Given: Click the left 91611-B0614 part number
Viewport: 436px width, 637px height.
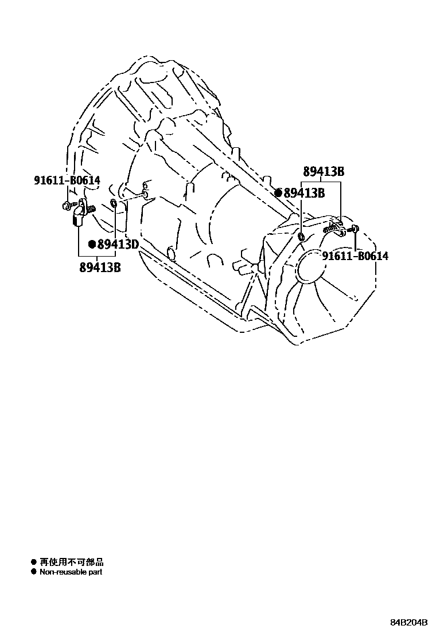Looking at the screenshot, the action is pyautogui.click(x=67, y=180).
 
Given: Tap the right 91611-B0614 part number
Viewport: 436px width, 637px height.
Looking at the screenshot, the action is pyautogui.click(x=355, y=255).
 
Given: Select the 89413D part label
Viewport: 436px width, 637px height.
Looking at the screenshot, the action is pyautogui.click(x=118, y=245).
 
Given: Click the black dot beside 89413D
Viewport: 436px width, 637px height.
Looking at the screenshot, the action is pyautogui.click(x=91, y=245).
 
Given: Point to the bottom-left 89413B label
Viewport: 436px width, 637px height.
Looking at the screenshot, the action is pyautogui.click(x=100, y=266).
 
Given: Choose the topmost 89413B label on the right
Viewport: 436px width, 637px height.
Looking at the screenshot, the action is pyautogui.click(x=324, y=171).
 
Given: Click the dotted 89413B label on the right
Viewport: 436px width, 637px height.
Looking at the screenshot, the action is pyautogui.click(x=305, y=194).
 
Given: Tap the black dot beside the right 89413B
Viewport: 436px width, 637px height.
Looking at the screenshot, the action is pyautogui.click(x=278, y=194).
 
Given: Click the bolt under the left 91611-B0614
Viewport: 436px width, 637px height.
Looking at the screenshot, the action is pyautogui.click(x=67, y=205).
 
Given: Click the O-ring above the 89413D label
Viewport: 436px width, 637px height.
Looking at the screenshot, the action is pyautogui.click(x=114, y=205).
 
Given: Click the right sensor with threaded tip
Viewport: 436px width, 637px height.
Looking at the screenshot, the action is pyautogui.click(x=333, y=229).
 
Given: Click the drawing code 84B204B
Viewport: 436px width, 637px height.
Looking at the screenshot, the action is pyautogui.click(x=409, y=623).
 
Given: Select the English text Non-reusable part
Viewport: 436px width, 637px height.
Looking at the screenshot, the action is pyautogui.click(x=71, y=572).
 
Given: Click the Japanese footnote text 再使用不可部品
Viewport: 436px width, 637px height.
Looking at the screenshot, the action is pyautogui.click(x=71, y=563).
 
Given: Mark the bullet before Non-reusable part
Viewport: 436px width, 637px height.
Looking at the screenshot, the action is pyautogui.click(x=33, y=572).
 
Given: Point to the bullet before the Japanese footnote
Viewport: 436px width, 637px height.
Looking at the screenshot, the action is pyautogui.click(x=33, y=563).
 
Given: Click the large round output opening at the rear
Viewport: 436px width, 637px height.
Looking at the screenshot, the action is pyautogui.click(x=319, y=269).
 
